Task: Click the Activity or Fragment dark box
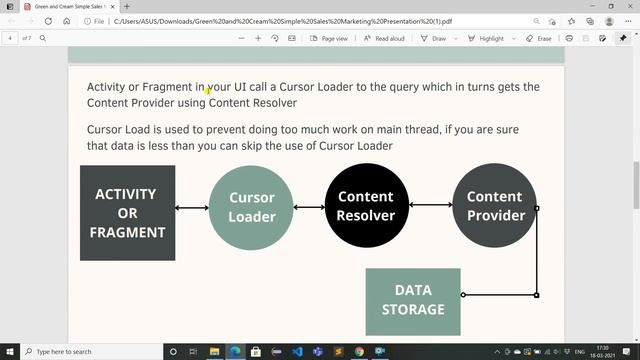pyautogui.click(x=127, y=212)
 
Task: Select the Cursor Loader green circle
pyautogui.click(x=251, y=207)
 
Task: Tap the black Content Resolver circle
pyautogui.click(x=365, y=206)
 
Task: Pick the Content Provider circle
pyautogui.click(x=494, y=206)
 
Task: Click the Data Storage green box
pyautogui.click(x=413, y=300)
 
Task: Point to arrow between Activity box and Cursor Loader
pyautogui.click(x=192, y=208)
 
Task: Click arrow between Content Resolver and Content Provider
pyautogui.click(x=430, y=205)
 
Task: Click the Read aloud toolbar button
pyautogui.click(x=384, y=38)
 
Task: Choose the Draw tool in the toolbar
pyautogui.click(x=434, y=38)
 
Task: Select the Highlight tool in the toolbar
pyautogui.click(x=486, y=38)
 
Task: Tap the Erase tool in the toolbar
pyautogui.click(x=539, y=38)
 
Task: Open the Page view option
pyautogui.click(x=329, y=38)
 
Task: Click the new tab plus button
pyautogui.click(x=126, y=6)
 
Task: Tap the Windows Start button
pyautogui.click(x=9, y=352)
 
